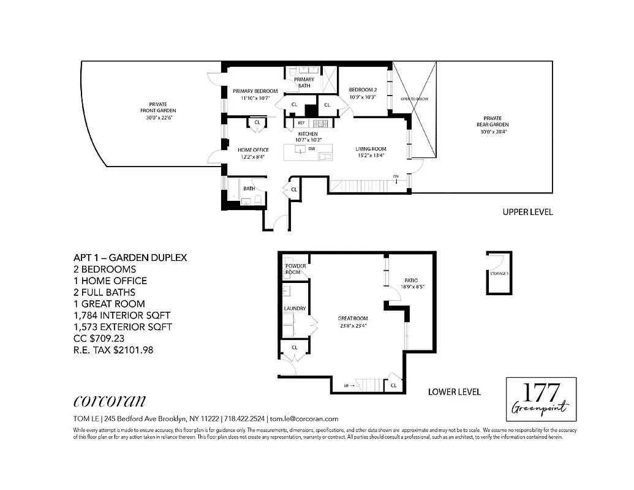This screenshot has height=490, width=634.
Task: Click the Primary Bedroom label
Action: tap(255, 91)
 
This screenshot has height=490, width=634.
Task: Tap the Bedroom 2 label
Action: tap(362, 89)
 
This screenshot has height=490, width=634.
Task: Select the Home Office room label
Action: tap(254, 149)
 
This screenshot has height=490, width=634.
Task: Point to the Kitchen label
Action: tap(308, 134)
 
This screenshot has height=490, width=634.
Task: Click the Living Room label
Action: tap(371, 149)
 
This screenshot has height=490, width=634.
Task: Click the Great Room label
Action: tap(353, 318)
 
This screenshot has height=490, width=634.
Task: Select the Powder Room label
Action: tap(295, 269)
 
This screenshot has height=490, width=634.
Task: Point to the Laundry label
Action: tap(295, 309)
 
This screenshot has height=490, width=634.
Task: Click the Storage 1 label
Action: tap(499, 273)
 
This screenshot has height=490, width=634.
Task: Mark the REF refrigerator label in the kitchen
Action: tap(301, 123)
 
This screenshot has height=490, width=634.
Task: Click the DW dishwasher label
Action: tap(312, 149)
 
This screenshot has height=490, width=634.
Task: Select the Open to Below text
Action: tap(415, 99)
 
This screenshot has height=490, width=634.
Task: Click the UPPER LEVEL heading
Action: tap(527, 213)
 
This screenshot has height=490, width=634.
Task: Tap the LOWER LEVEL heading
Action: tap(454, 392)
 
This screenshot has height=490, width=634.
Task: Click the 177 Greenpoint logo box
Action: tap(541, 399)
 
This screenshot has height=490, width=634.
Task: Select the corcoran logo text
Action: tap(110, 401)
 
